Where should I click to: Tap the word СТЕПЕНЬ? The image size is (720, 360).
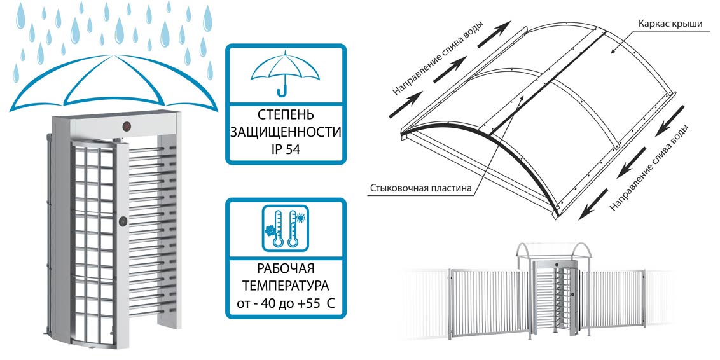(x=285, y=116)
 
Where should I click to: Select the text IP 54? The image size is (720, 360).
(x=286, y=151)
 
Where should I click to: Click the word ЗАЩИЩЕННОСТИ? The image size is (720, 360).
(x=286, y=134)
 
